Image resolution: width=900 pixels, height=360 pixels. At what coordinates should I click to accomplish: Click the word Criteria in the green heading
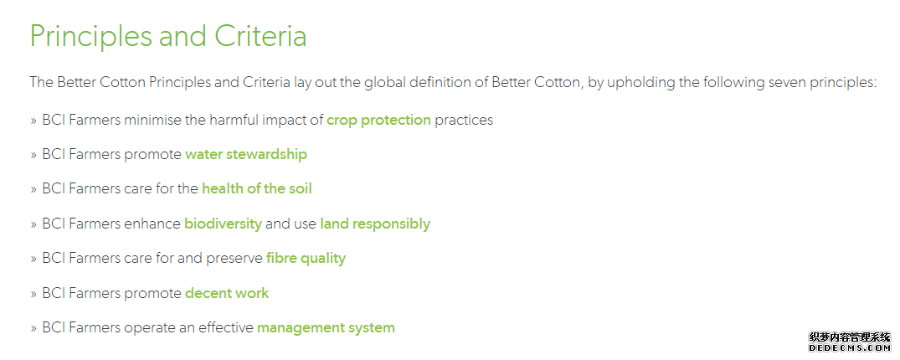[x=260, y=36]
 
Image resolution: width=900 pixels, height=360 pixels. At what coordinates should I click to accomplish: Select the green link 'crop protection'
[x=378, y=121]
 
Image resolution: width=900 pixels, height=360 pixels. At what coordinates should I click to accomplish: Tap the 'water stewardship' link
[x=245, y=154]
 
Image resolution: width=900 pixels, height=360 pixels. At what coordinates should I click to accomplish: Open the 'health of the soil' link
[x=256, y=189]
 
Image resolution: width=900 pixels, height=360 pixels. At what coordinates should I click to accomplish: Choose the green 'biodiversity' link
[x=223, y=224]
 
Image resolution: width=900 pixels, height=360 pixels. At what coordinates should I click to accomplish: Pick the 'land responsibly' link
[x=375, y=224]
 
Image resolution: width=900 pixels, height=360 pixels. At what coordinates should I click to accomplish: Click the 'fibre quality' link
[x=306, y=259]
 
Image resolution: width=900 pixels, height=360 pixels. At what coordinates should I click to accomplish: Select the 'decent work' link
[x=227, y=293]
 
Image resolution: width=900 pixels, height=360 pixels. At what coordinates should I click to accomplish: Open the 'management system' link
[x=326, y=328]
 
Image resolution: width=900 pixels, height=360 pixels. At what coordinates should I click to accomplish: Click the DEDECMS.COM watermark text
[x=849, y=348]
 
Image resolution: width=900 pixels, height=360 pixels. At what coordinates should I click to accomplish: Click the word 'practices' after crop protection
[x=464, y=121]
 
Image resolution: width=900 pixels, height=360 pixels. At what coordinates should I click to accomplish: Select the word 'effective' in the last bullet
[x=226, y=328]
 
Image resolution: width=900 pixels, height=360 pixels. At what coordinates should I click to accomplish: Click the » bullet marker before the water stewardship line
[x=33, y=156]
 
